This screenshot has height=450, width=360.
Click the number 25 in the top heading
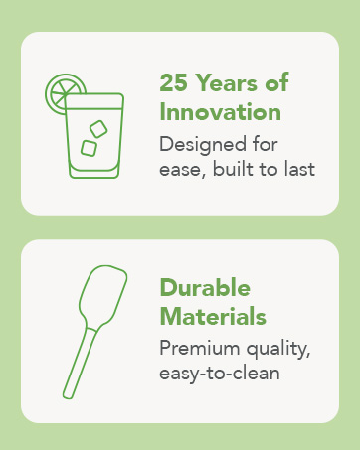pyautogui.click(x=175, y=82)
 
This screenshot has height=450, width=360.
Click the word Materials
pyautogui.click(x=212, y=317)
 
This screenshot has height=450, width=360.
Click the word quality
pyautogui.click(x=284, y=349)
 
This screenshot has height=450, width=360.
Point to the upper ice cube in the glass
pyautogui.click(x=98, y=128)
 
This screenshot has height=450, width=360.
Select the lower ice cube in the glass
pyautogui.click(x=89, y=147)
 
